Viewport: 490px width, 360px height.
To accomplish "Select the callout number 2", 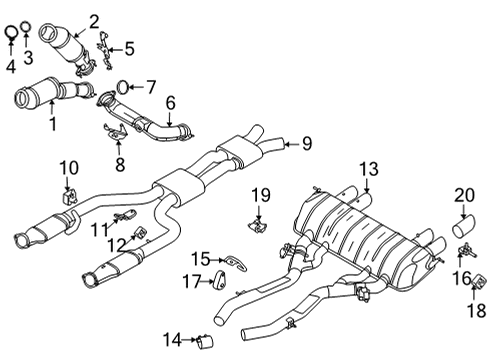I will [x=93, y=19].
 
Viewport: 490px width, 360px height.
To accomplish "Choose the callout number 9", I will [x=307, y=144].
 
